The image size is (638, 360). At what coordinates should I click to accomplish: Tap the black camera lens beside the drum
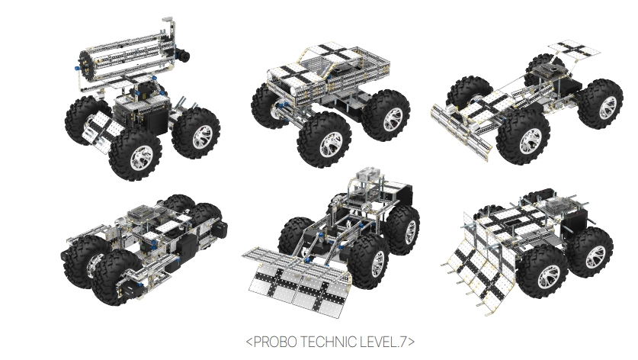click(x=183, y=56)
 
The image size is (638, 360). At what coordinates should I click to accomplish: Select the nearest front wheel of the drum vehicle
click(x=136, y=155)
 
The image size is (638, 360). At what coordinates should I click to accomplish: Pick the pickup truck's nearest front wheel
click(x=324, y=140)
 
